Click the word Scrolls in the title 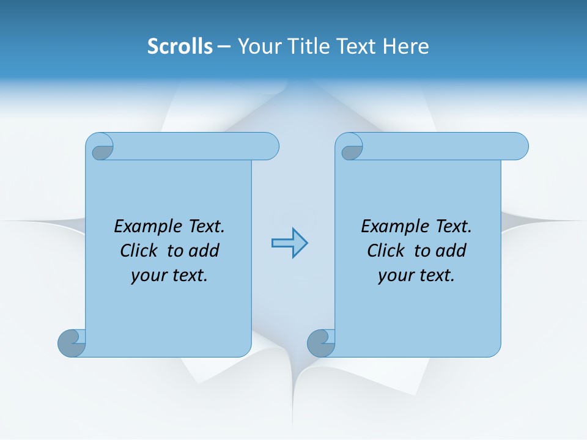180,46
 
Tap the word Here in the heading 406,46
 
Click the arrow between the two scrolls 289,243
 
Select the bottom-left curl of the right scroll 321,343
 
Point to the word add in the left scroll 204,251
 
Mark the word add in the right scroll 451,251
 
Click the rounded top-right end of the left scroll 270,147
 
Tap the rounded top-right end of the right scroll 519,147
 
